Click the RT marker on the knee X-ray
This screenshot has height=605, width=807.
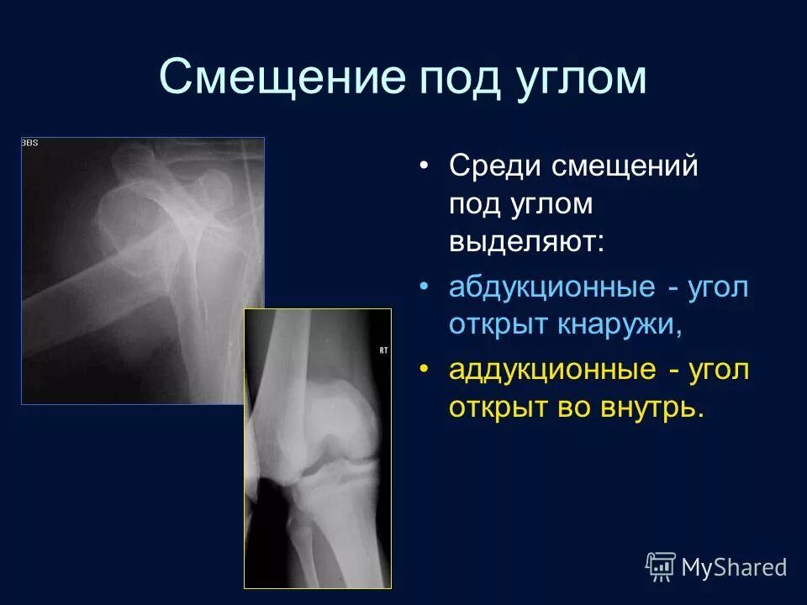[383, 350]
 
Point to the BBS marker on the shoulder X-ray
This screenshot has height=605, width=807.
[29, 143]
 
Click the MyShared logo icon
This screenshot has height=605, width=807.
[661, 566]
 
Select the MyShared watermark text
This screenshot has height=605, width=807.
[734, 567]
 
